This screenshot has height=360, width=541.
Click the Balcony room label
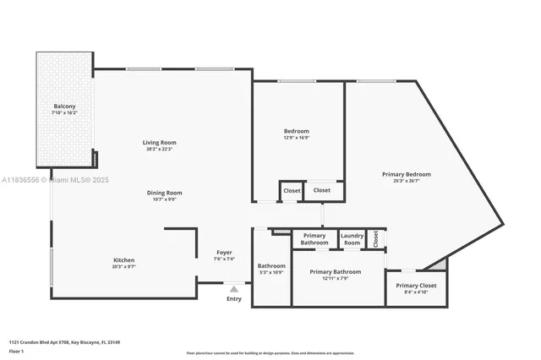coord(63,106)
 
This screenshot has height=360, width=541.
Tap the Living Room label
coord(159,142)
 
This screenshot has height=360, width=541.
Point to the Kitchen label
coord(124,259)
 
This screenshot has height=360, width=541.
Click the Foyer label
coord(224,252)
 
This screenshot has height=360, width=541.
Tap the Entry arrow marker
coord(234,289)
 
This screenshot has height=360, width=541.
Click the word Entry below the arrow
coord(234,298)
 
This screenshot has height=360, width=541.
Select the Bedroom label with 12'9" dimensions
coord(296,131)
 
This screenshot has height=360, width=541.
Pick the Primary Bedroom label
coord(406,174)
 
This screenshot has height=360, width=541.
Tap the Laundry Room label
coord(352,238)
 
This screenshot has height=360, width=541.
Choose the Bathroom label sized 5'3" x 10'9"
coord(271,266)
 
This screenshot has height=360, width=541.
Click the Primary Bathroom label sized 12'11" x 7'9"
coord(335,271)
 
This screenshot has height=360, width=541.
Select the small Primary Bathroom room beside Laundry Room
coord(314,238)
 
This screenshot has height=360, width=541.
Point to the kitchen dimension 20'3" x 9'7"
coord(124,266)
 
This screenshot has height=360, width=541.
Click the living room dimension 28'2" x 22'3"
coord(159,149)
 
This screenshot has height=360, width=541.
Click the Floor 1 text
coord(17,351)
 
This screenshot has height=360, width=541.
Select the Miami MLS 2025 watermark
coord(50,180)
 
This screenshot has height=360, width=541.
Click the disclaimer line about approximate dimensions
coord(270,352)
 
